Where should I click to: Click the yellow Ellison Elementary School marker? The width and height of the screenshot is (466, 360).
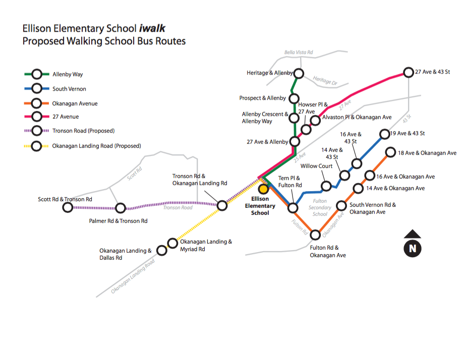click(x=263, y=189)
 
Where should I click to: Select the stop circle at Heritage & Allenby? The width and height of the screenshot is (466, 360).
click(x=299, y=74)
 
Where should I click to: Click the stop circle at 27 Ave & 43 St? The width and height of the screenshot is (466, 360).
click(x=409, y=73)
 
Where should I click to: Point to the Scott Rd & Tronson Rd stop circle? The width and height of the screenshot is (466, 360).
click(x=68, y=207)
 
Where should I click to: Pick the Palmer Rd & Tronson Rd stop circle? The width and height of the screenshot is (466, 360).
click(x=120, y=208)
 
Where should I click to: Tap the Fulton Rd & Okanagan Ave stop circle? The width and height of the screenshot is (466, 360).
click(x=316, y=234)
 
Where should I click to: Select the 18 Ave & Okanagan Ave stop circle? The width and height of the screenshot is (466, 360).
click(x=390, y=152)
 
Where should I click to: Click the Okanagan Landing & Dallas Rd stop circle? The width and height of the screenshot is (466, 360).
click(x=161, y=250)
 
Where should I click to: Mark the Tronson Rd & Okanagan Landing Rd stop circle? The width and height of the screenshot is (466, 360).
click(x=222, y=205)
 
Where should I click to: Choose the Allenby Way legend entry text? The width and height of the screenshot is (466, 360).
click(x=68, y=75)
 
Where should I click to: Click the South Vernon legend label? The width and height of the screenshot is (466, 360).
click(x=69, y=89)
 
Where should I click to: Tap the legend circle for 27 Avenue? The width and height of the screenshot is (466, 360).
click(x=36, y=117)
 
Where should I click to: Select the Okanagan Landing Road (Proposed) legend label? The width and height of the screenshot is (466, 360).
click(x=96, y=146)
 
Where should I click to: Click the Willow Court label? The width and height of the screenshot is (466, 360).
click(x=316, y=166)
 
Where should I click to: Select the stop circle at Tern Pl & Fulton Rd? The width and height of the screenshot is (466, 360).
click(x=292, y=208)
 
